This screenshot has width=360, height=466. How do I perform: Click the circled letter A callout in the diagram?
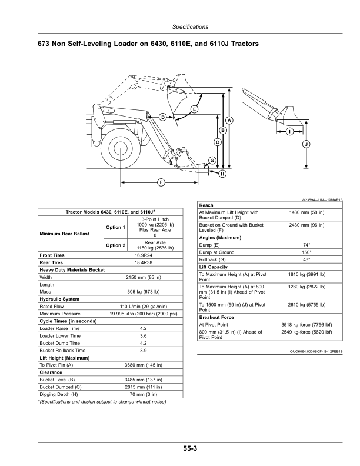229,121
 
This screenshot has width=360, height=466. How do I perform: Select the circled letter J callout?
306,144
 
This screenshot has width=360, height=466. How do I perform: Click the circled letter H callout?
222,174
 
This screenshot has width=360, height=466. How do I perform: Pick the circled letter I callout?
289,132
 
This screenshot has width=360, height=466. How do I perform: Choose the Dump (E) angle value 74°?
306,244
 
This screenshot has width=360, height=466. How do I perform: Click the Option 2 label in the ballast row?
115,245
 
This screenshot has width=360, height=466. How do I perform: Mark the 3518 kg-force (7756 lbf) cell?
306,324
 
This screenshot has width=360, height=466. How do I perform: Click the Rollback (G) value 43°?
306,259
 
